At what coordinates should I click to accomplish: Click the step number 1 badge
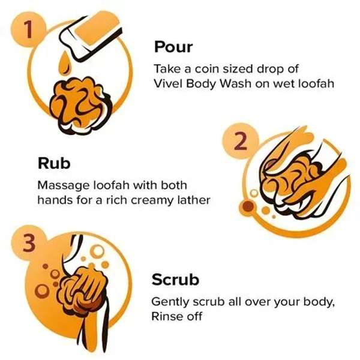click(28, 29)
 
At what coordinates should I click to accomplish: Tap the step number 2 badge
click(241, 141)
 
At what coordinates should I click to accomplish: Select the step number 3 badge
click(29, 243)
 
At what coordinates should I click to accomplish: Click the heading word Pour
click(173, 47)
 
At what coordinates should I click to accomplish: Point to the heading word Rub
click(54, 163)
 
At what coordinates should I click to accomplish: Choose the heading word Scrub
click(175, 280)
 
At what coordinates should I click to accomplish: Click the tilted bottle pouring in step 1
click(91, 35)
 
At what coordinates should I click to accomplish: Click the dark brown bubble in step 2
click(248, 206)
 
